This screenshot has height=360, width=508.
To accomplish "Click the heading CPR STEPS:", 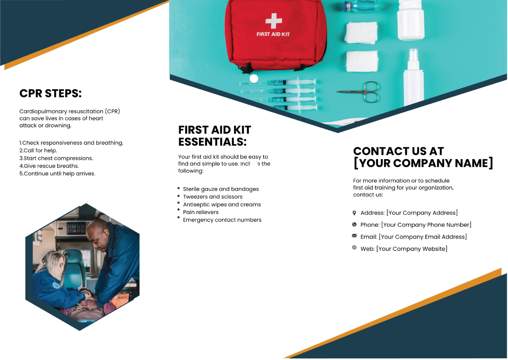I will pyautogui.click(x=50, y=93).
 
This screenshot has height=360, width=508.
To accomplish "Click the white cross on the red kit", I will pyautogui.click(x=273, y=20).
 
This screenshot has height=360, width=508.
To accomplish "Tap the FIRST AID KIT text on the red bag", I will pyautogui.click(x=273, y=34).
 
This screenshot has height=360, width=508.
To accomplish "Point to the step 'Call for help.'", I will pyautogui.click(x=38, y=150).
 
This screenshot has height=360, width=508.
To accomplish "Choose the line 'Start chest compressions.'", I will pyautogui.click(x=56, y=158).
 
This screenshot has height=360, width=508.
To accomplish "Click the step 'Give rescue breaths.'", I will pyautogui.click(x=49, y=166).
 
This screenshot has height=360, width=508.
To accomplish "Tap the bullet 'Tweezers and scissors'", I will pyautogui.click(x=213, y=197).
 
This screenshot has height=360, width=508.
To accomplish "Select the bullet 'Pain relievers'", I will pyautogui.click(x=201, y=212).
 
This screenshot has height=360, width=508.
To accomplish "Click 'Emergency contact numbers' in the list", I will pyautogui.click(x=222, y=220).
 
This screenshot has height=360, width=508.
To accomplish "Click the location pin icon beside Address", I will pyautogui.click(x=354, y=213).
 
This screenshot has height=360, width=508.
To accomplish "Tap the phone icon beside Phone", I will pyautogui.click(x=354, y=225).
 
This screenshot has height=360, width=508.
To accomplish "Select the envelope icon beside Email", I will pyautogui.click(x=354, y=236).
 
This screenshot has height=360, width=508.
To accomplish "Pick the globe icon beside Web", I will pyautogui.click(x=354, y=247).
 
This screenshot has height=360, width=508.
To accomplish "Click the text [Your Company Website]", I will pyautogui.click(x=411, y=249).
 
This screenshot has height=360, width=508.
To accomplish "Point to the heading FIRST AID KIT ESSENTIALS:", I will pyautogui.click(x=215, y=135).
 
